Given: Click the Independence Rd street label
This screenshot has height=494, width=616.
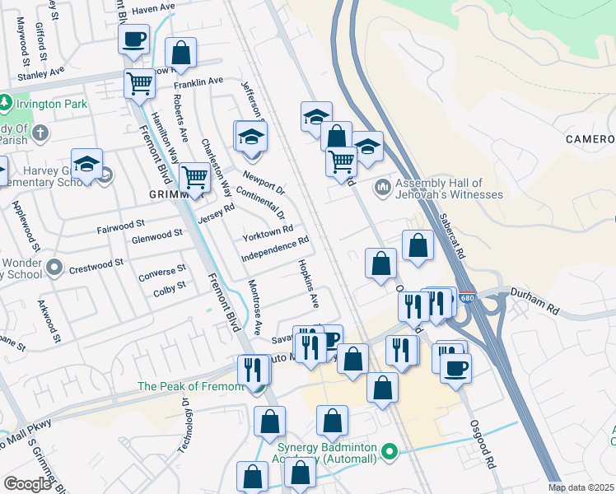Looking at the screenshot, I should [274, 250].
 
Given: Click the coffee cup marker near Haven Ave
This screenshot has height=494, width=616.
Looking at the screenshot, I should [133, 38].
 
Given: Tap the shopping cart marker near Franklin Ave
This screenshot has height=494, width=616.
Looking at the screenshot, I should [140, 82].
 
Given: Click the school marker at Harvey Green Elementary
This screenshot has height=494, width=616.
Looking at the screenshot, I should [86, 164].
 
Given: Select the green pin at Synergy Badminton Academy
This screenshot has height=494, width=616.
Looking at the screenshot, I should [390, 451].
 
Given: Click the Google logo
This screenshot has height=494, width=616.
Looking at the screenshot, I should [27, 484].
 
